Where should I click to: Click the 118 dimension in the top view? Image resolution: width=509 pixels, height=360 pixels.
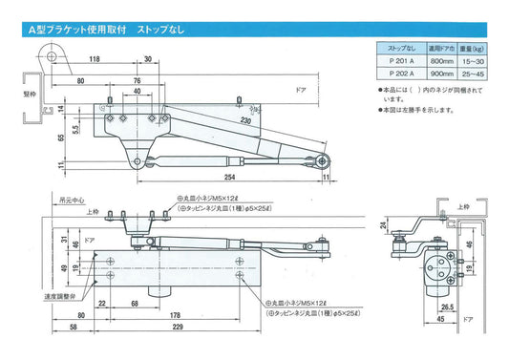(x=95, y=59)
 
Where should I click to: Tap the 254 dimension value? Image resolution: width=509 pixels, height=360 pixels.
(x=229, y=177)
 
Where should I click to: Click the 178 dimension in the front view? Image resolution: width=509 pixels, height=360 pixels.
(x=177, y=315)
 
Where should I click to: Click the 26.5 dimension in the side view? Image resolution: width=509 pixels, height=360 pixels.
(x=446, y=308)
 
